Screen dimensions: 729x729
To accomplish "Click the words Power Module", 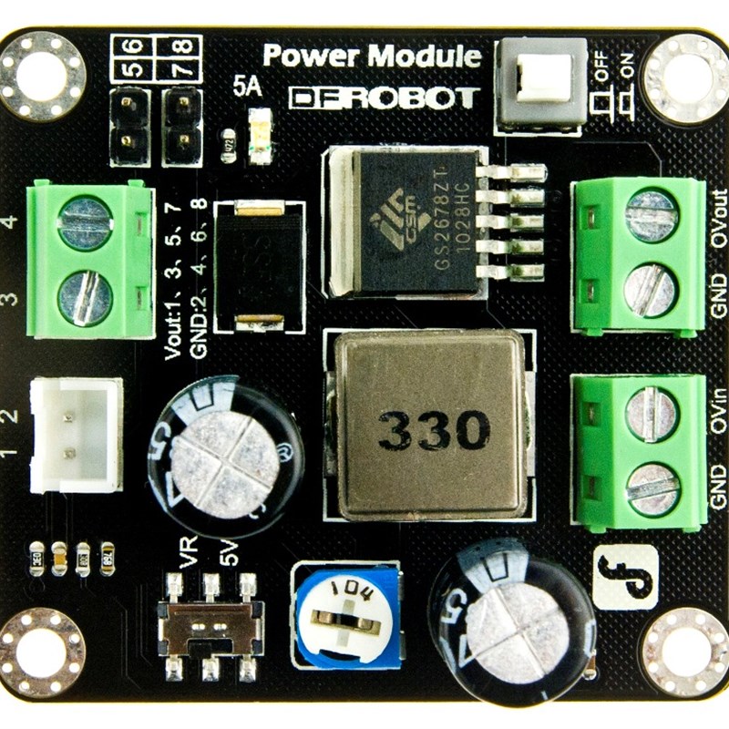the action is click(372, 56).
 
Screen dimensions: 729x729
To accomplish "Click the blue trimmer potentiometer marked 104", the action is click(346, 614).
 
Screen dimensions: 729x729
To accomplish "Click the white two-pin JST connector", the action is click(77, 435).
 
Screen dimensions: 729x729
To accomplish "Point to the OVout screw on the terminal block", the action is click(652, 214).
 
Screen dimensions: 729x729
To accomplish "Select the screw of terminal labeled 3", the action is click(85, 297).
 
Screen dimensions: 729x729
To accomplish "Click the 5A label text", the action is click(246, 88).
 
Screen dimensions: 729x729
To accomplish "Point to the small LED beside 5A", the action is click(261, 135).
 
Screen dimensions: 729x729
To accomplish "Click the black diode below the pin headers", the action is click(259, 264).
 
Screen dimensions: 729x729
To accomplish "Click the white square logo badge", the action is click(624, 577).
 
